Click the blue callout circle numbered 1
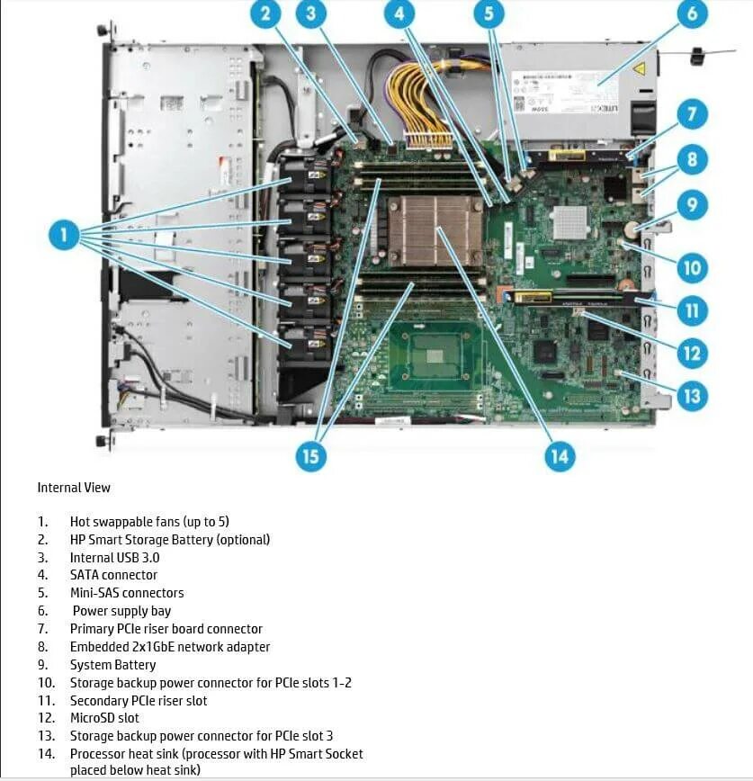coord(63,236)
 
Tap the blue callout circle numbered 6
coord(692,14)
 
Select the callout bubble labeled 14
coord(559,455)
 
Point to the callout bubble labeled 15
coord(309,455)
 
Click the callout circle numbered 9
coord(692,205)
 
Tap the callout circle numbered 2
coord(265,14)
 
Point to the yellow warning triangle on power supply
coord(640,68)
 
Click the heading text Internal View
coord(74,488)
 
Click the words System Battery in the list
coord(112,665)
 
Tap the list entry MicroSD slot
coord(104,718)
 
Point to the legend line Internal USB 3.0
coord(114,558)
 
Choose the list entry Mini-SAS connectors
coord(126,593)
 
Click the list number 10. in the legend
coord(45,683)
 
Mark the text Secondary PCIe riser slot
coord(139,701)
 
